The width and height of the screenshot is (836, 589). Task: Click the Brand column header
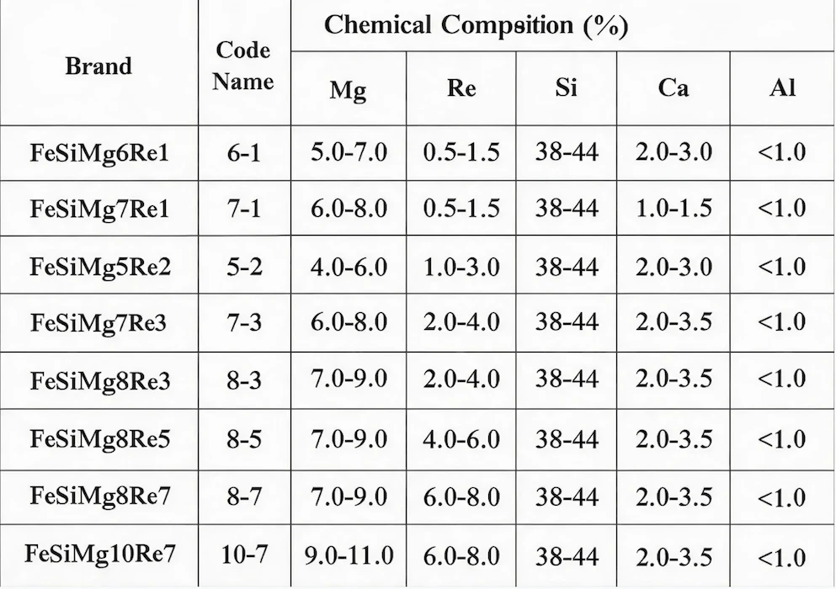click(99, 66)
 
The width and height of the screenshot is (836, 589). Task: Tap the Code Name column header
click(243, 66)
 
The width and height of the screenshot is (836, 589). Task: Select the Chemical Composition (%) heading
click(477, 25)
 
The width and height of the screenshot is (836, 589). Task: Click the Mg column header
click(349, 89)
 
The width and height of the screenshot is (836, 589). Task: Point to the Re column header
click(461, 88)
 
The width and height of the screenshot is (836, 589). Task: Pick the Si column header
click(567, 87)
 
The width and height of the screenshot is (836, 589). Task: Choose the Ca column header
click(674, 88)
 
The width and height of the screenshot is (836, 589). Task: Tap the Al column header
click(783, 87)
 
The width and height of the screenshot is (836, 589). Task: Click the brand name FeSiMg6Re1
click(99, 153)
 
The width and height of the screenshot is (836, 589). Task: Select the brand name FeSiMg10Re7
click(100, 554)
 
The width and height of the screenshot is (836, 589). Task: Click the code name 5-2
click(245, 267)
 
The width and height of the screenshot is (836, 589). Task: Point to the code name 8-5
click(245, 439)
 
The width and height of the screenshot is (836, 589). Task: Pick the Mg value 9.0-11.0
click(349, 556)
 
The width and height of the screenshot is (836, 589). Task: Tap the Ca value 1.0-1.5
click(674, 208)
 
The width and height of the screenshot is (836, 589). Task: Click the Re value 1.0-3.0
click(461, 267)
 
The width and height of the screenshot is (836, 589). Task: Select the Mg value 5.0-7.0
click(349, 152)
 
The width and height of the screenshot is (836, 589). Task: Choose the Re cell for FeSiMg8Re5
click(461, 439)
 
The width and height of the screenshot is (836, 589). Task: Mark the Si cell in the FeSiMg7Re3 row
click(567, 321)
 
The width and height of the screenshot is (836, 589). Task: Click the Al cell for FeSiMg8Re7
click(781, 497)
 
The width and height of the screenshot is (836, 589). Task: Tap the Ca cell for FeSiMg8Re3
click(674, 379)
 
